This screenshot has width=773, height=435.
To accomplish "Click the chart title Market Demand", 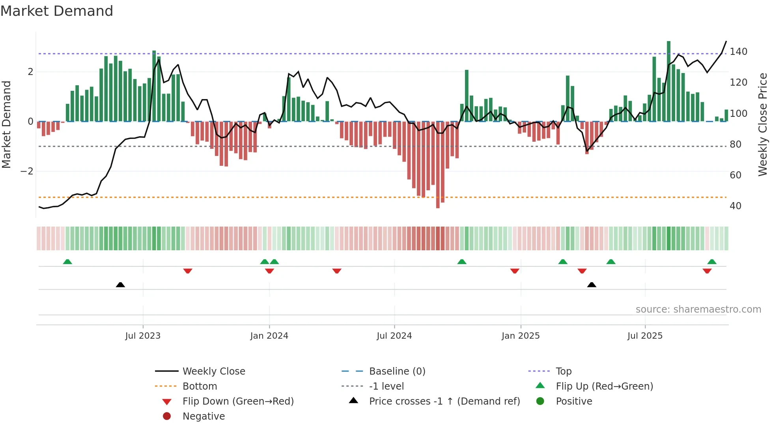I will coord(57,11).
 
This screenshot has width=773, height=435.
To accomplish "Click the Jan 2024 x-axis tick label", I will coord(269,336).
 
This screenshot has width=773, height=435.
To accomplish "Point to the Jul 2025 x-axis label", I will coord(645,336).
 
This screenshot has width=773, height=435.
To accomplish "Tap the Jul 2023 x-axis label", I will coord(143,336).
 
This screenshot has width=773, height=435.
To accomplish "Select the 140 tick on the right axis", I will coord(738,52).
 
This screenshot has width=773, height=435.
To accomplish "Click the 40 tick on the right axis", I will coord(735,206).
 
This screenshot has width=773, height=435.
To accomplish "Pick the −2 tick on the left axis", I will coord(27,171).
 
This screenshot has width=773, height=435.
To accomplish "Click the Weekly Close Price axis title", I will coord(763,124).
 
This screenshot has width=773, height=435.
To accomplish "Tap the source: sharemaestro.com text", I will coord(698,309).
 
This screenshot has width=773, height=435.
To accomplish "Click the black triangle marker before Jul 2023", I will coord(120,285).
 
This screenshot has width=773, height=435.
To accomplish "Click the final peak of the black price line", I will coord(726,41).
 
